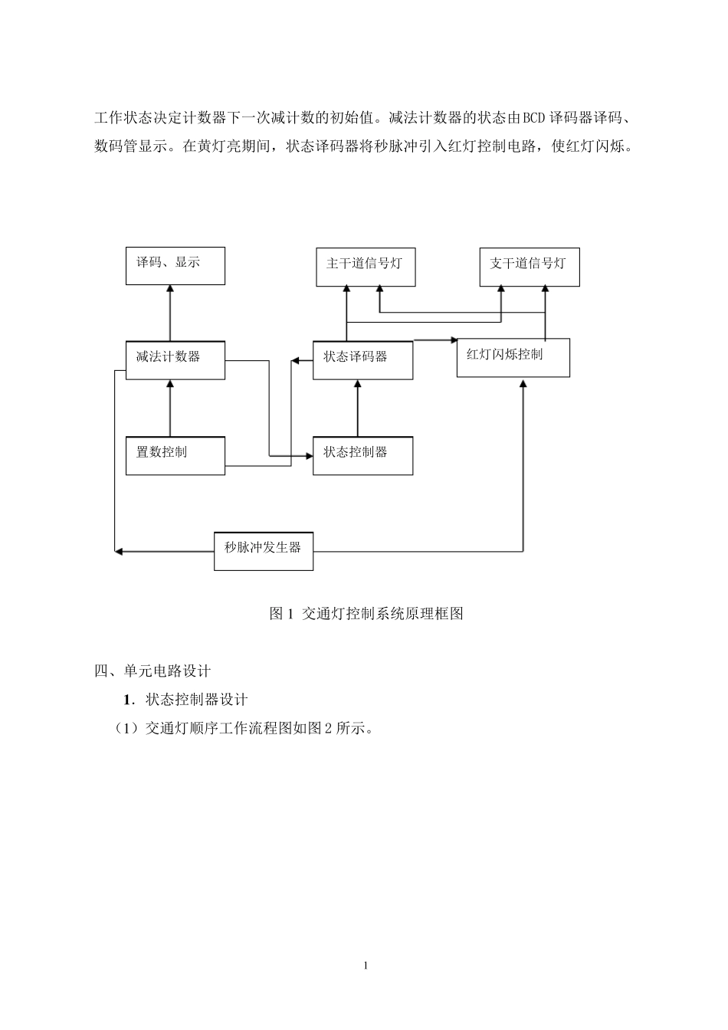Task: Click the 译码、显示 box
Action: coord(175,266)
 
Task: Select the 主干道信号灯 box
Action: coord(366,267)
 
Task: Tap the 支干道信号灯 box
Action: coord(529,267)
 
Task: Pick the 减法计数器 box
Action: coord(175,360)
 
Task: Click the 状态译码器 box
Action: coord(362,360)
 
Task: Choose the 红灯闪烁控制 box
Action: coord(513,357)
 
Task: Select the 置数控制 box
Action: coord(175,455)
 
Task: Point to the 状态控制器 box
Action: coord(362,455)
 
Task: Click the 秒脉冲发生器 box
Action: coord(263,550)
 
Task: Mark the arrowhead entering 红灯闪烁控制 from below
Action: coord(523,382)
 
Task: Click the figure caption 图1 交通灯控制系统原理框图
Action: coord(366,614)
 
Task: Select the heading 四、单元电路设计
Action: coord(152,671)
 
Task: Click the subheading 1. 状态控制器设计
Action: coord(185,699)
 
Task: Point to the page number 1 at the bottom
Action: coord(366,965)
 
